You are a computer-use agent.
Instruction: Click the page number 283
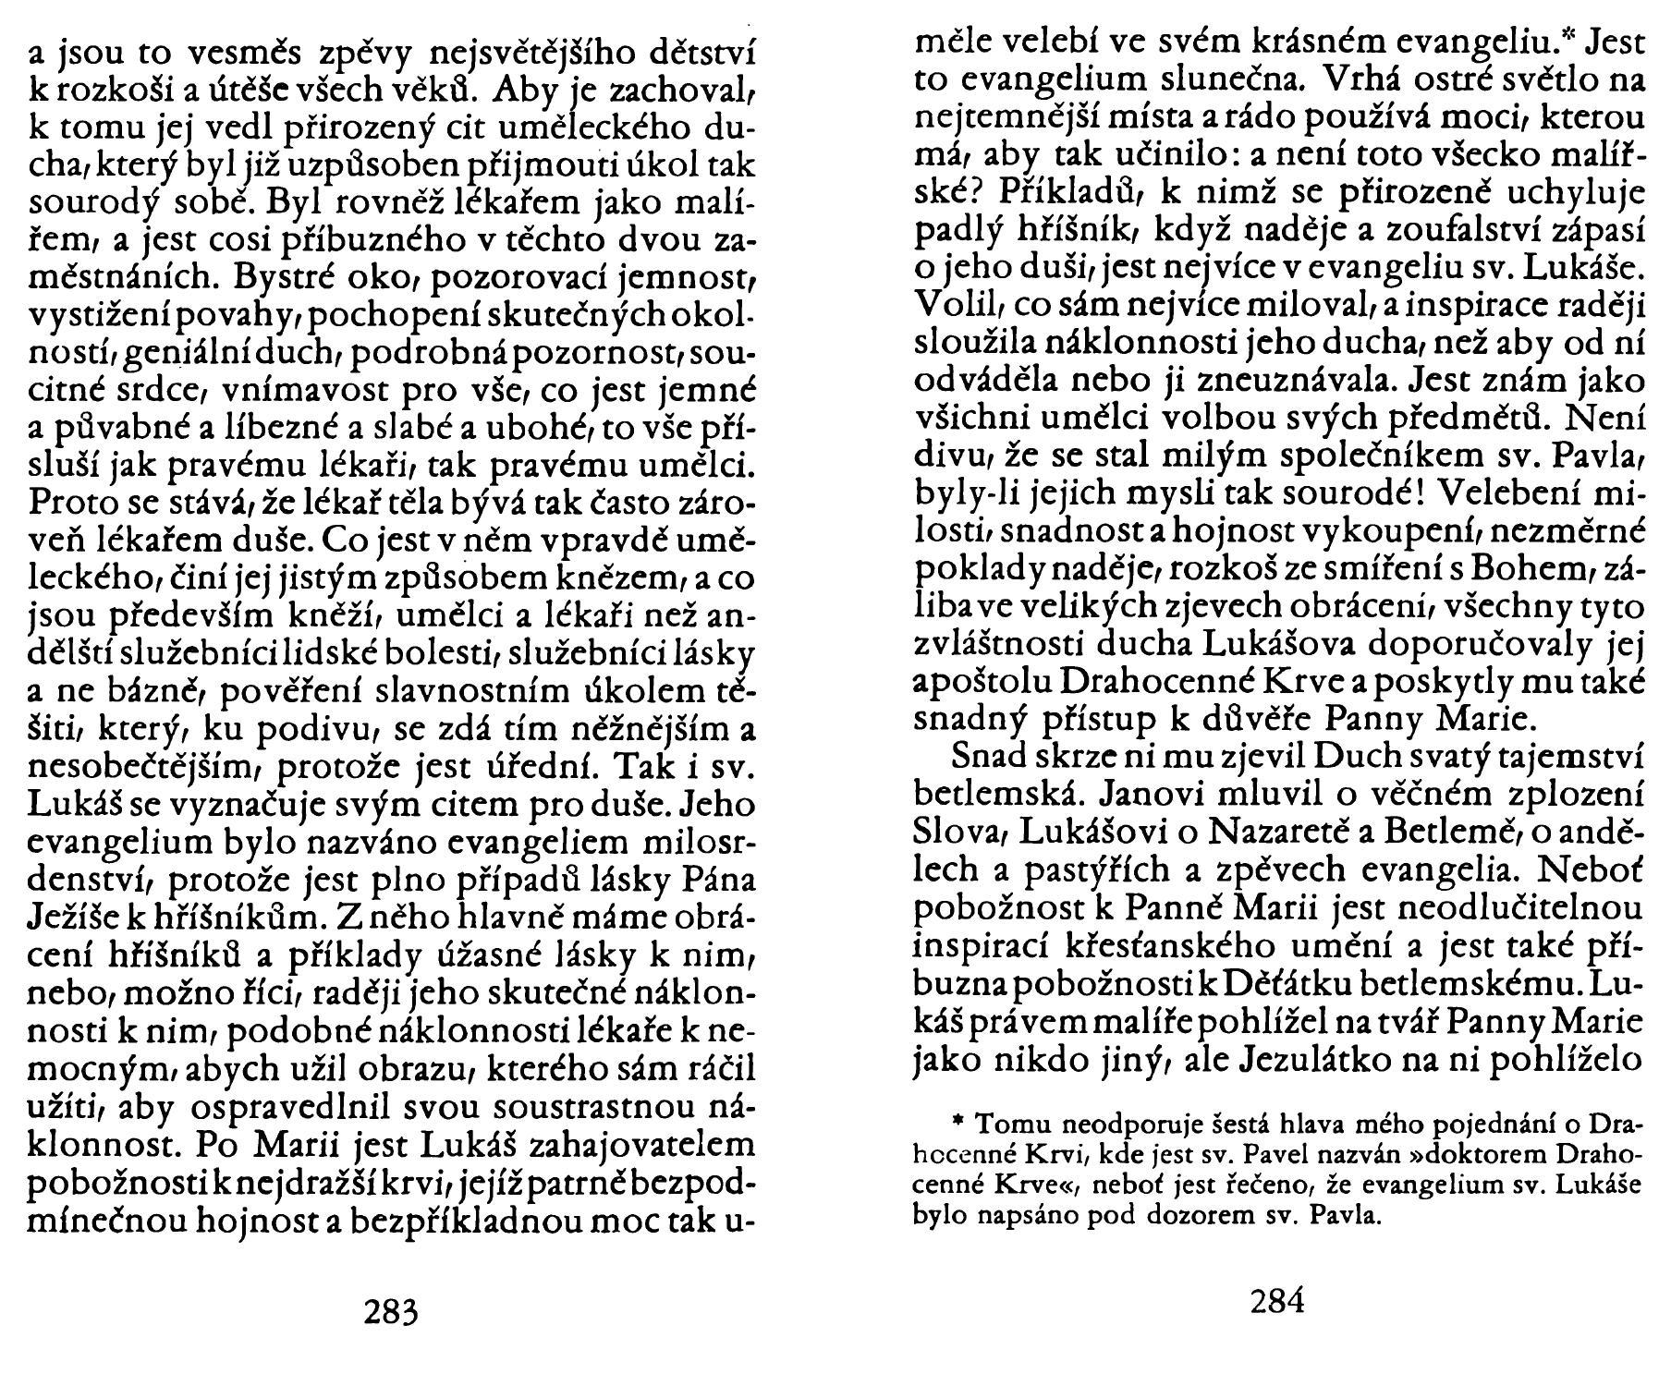click(x=391, y=1312)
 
